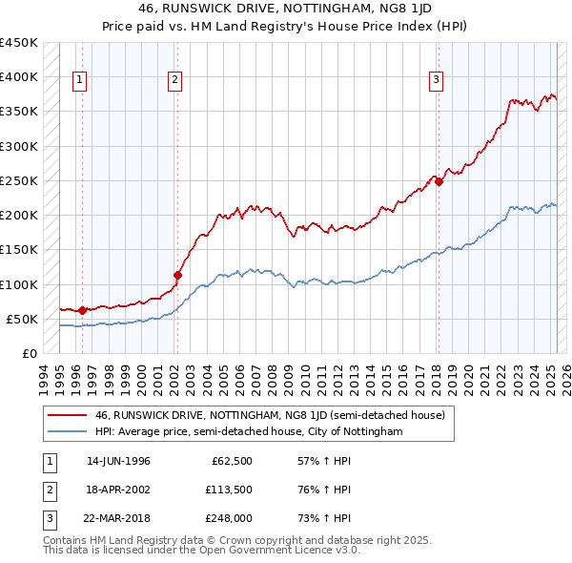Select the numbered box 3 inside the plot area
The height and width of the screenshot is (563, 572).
click(x=436, y=80)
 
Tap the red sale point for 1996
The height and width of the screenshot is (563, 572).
click(x=82, y=309)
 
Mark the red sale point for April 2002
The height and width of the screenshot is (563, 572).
click(x=177, y=275)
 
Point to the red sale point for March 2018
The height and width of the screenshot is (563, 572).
click(x=439, y=182)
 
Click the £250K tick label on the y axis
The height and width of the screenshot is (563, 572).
click(x=19, y=180)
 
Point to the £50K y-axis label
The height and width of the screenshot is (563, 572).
click(x=23, y=319)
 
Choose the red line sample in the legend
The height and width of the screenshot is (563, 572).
click(x=69, y=415)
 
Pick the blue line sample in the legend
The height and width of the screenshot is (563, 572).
click(x=69, y=431)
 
